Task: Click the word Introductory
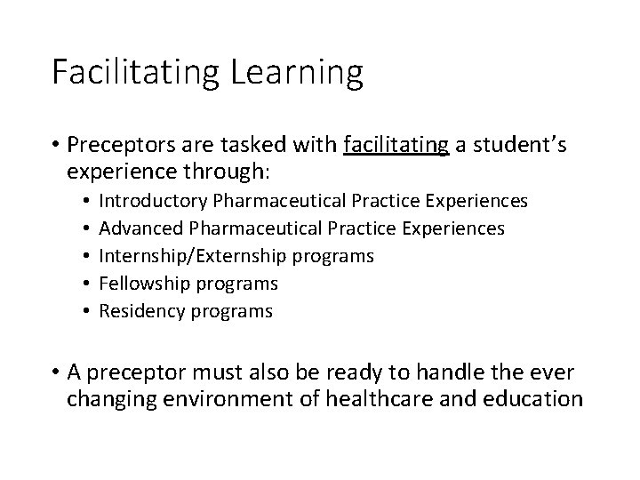[149, 202]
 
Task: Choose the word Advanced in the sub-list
[135, 228]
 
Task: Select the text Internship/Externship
[192, 256]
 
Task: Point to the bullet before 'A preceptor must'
[56, 372]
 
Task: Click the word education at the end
[533, 398]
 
